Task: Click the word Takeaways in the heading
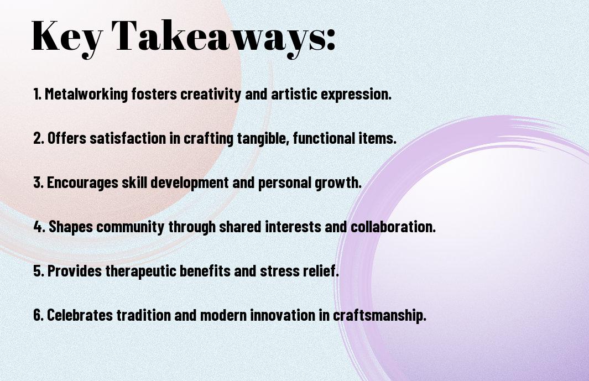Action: pos(218,37)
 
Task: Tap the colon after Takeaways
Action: pos(331,40)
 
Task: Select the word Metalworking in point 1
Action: pos(86,94)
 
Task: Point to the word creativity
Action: pos(211,94)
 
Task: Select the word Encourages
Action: pos(82,183)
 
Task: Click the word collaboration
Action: pos(393,227)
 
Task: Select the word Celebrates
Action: pos(80,315)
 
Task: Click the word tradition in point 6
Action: pos(144,315)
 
